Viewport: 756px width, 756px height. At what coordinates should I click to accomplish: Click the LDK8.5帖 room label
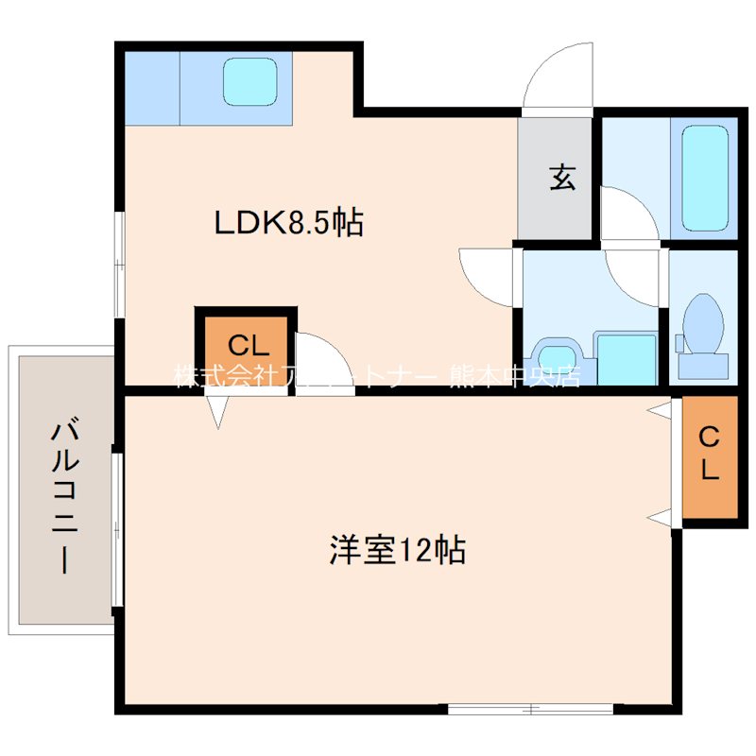[289, 224]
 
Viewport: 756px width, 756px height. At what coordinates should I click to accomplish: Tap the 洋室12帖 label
[397, 550]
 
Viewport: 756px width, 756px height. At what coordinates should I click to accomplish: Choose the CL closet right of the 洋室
[709, 455]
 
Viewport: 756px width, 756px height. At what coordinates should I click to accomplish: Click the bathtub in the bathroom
[704, 177]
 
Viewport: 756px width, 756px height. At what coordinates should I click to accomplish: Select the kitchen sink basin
[250, 83]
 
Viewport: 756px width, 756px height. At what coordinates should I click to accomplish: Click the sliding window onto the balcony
[116, 529]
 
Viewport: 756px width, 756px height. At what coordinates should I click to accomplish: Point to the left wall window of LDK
[120, 265]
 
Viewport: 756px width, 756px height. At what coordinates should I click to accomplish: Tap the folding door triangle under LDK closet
[219, 409]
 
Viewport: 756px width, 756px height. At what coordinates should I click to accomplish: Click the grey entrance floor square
[556, 178]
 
